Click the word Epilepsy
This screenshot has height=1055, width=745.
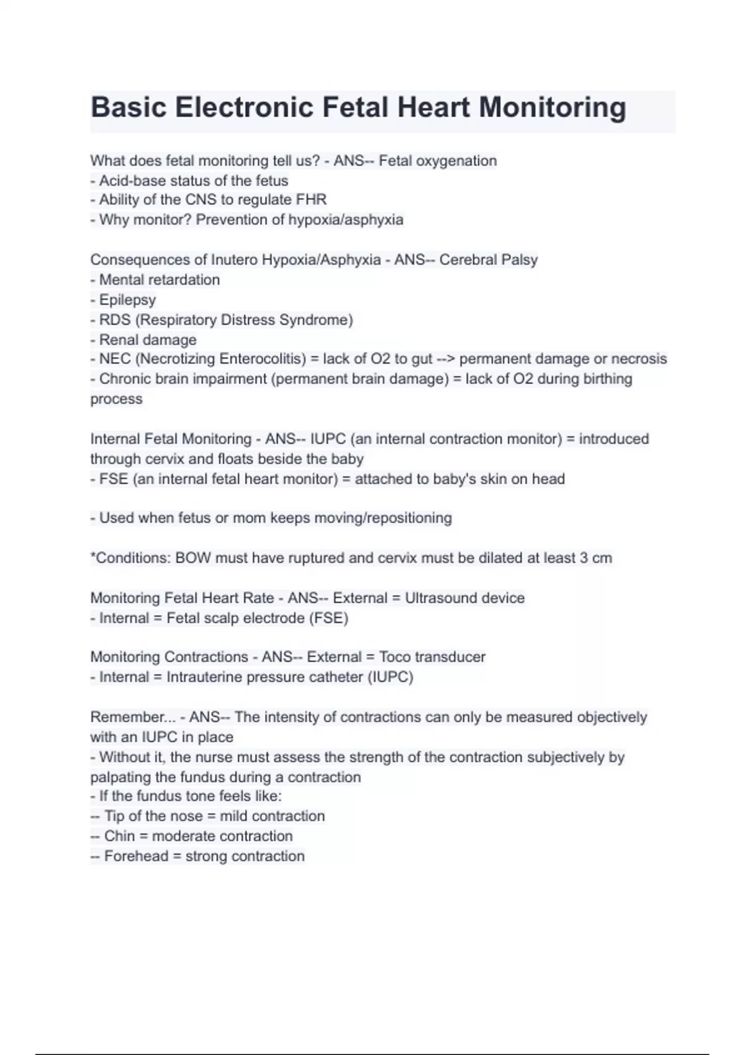coord(127,300)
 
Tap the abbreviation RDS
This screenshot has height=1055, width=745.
coord(114,320)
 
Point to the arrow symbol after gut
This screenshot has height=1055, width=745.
coord(445,359)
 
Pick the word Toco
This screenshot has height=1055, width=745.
coord(394,657)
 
